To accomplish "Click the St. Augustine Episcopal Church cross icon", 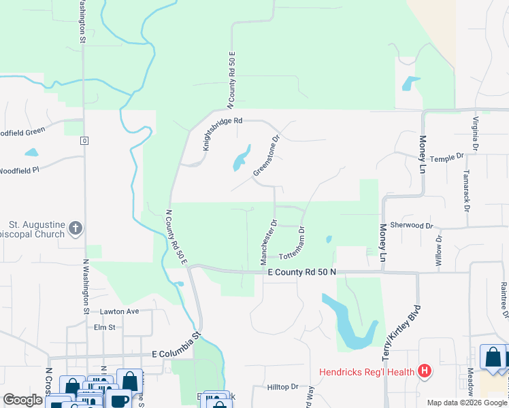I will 75,228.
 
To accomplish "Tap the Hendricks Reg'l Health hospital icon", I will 425,371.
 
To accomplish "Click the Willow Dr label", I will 438,250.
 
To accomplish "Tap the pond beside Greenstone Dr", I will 240,160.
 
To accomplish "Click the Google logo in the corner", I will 22,400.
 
